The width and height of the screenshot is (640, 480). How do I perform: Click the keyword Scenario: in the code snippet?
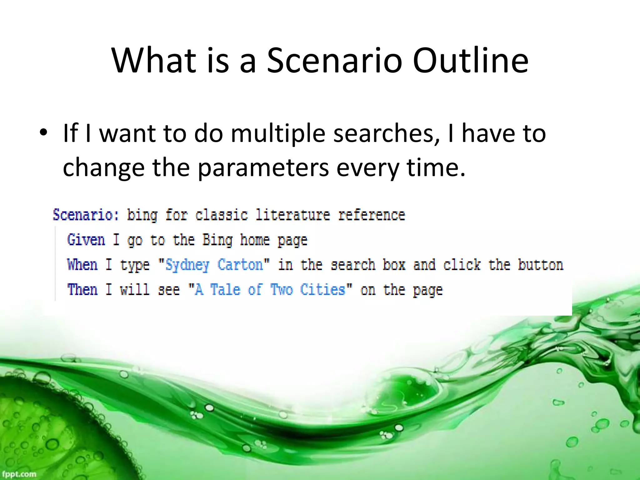click(x=86, y=215)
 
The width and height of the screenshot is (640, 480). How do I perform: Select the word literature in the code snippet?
click(x=292, y=215)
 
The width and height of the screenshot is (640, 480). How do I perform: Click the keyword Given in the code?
click(x=86, y=240)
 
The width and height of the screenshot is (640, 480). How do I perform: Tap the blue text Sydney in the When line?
click(x=187, y=265)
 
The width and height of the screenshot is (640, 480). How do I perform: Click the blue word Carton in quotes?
click(x=240, y=265)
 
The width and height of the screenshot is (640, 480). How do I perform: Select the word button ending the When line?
click(x=540, y=265)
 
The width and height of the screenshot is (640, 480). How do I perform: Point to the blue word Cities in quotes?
click(x=322, y=289)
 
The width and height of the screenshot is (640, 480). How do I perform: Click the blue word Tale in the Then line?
click(x=225, y=289)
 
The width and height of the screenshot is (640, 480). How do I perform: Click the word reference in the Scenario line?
click(x=372, y=215)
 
